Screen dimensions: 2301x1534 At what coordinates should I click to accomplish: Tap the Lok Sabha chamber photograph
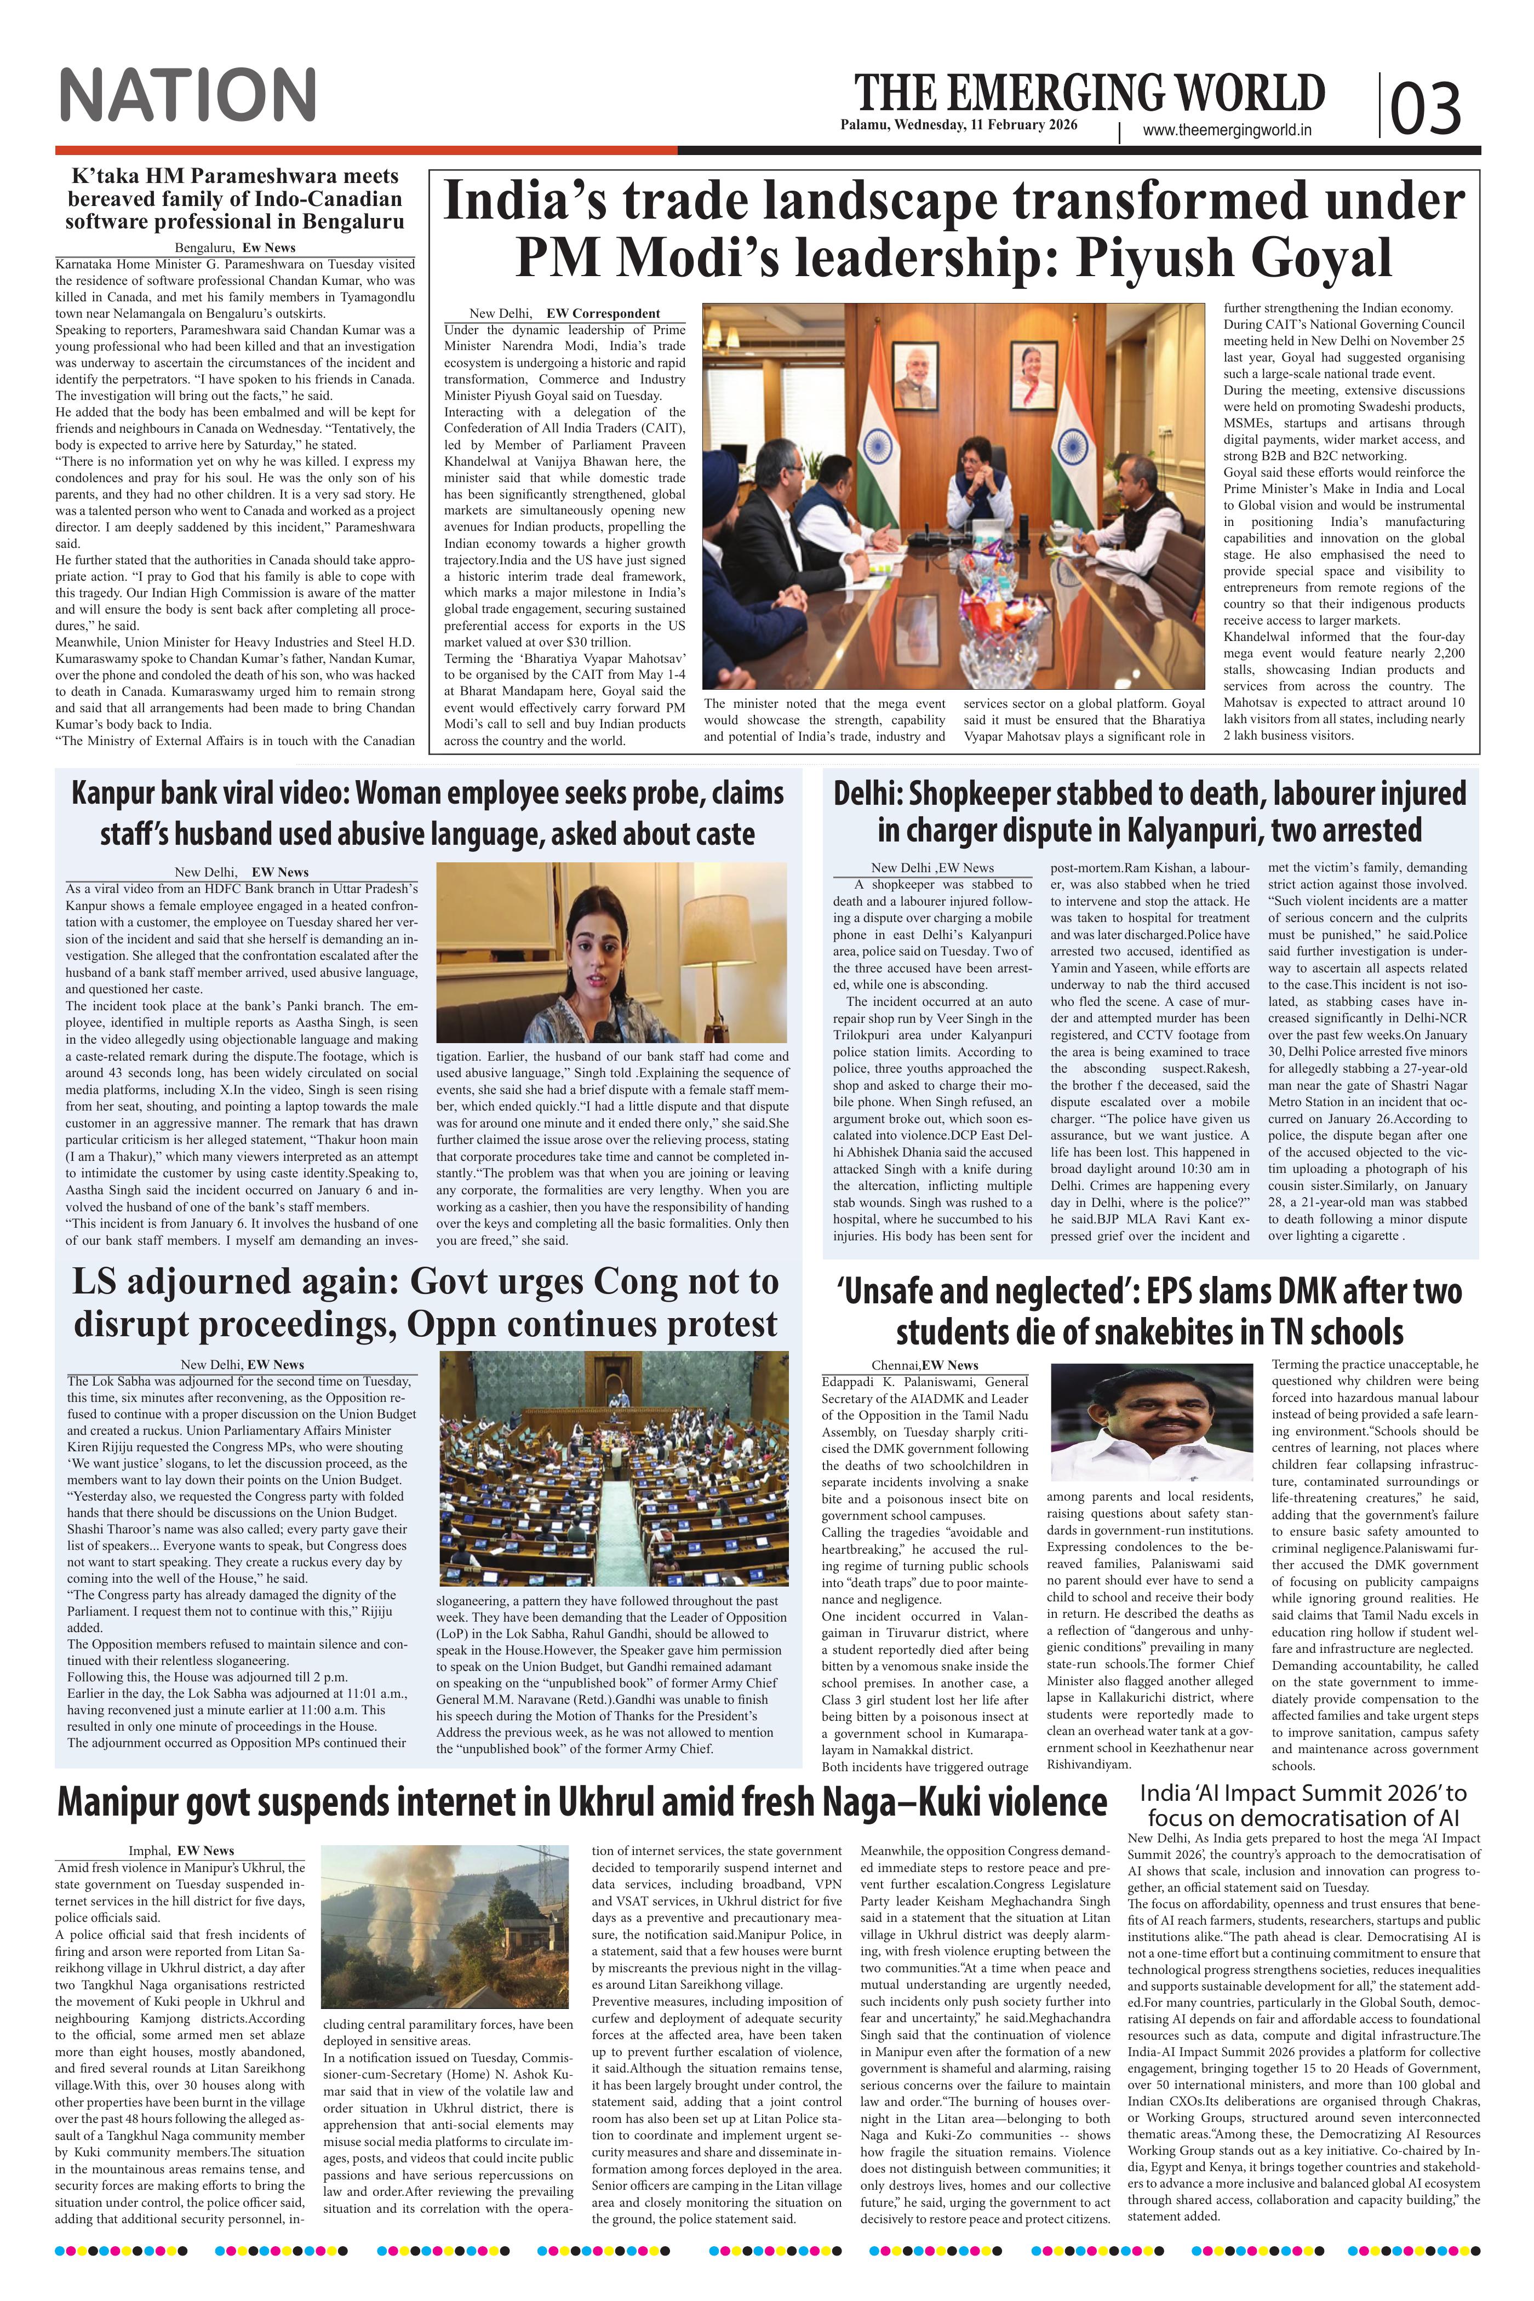click(x=614, y=1468)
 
